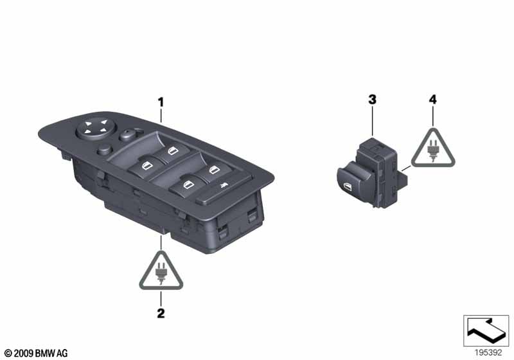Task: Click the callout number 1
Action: click(x=161, y=102)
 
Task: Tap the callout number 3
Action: click(x=371, y=99)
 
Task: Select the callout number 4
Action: click(x=433, y=99)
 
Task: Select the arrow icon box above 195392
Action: click(x=486, y=330)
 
